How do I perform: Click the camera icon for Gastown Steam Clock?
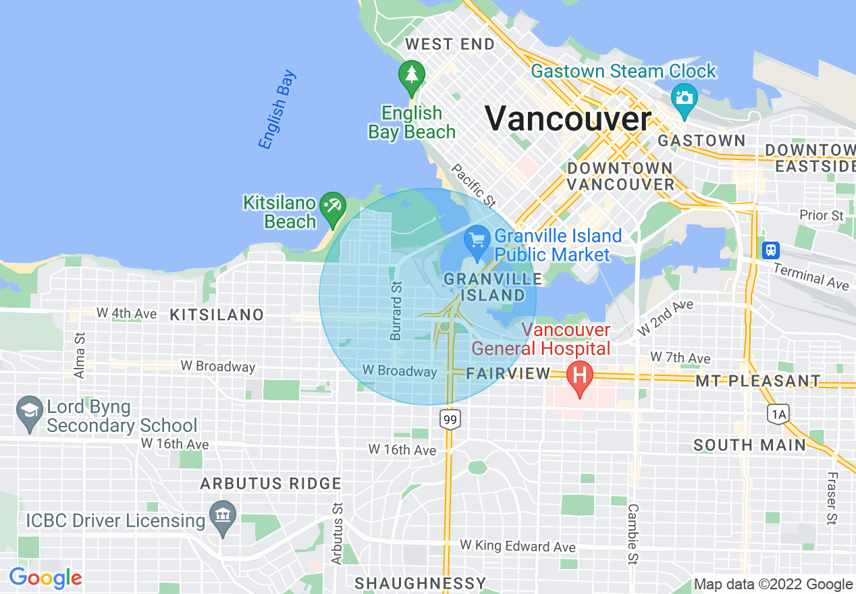pos(685,97)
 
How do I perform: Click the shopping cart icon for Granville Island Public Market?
pos(477,239)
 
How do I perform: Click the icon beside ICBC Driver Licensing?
pos(222,516)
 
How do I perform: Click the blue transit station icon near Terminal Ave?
pos(770,250)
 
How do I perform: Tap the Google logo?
pos(45,578)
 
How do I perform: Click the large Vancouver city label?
pos(568,119)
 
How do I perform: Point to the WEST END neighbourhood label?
pos(450,45)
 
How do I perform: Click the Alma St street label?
pos(80,355)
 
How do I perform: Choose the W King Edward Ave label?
pos(518,545)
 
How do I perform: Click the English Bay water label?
pos(277,109)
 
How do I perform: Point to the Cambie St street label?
pos(633,533)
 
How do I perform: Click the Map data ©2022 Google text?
pos(773,585)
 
